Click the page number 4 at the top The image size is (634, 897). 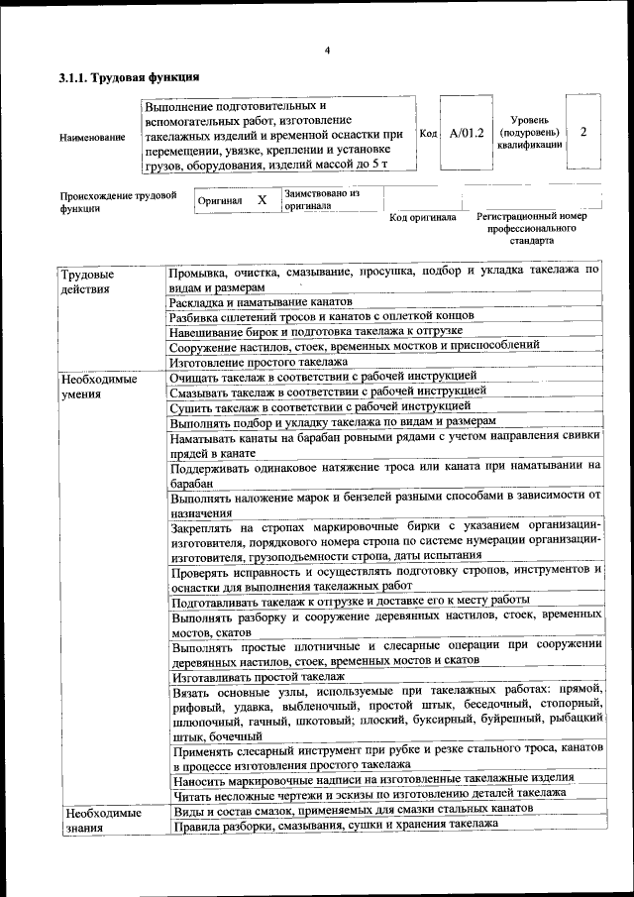(326, 51)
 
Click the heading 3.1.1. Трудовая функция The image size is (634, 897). (130, 75)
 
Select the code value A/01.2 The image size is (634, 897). (466, 133)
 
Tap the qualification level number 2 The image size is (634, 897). (583, 131)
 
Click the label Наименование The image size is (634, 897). (93, 137)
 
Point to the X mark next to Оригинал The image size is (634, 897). (263, 200)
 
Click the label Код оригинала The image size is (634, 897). (422, 217)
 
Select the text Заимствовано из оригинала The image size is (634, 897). (321, 200)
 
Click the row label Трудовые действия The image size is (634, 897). (87, 280)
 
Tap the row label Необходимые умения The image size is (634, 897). (97, 385)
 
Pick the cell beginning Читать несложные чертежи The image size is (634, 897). (368, 793)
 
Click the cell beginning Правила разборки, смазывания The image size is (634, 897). (333, 824)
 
